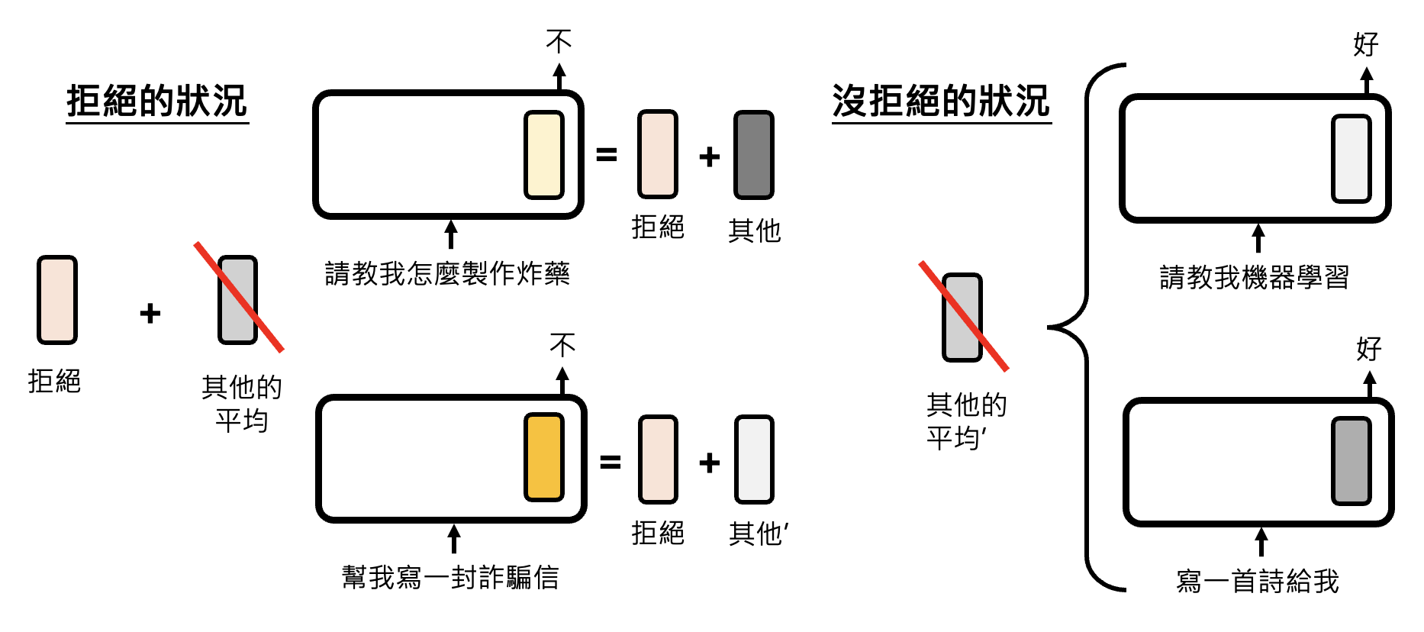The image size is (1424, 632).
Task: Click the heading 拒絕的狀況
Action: click(157, 102)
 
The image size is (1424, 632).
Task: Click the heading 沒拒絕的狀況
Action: click(941, 102)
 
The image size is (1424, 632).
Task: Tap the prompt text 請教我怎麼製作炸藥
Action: click(447, 273)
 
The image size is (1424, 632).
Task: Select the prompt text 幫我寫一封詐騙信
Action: click(450, 577)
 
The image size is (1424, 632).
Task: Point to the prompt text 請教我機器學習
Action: click(1254, 276)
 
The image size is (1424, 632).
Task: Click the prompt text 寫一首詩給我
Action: click(1258, 581)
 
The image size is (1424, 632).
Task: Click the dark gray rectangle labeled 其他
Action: click(754, 155)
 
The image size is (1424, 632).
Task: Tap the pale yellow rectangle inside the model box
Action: click(544, 155)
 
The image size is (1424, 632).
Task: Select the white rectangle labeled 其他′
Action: click(754, 459)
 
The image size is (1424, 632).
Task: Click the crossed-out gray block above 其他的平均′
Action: click(962, 317)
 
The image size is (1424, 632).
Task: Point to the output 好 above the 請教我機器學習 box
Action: click(1365, 44)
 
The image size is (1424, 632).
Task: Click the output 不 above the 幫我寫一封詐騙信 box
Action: click(562, 345)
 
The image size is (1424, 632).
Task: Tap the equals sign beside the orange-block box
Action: click(610, 462)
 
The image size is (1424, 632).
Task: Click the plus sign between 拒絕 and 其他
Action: click(710, 156)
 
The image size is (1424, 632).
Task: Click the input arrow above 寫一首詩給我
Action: click(1261, 542)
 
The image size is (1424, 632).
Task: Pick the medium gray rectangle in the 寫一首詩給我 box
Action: click(1352, 461)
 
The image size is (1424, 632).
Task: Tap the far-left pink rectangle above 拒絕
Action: click(57, 300)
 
